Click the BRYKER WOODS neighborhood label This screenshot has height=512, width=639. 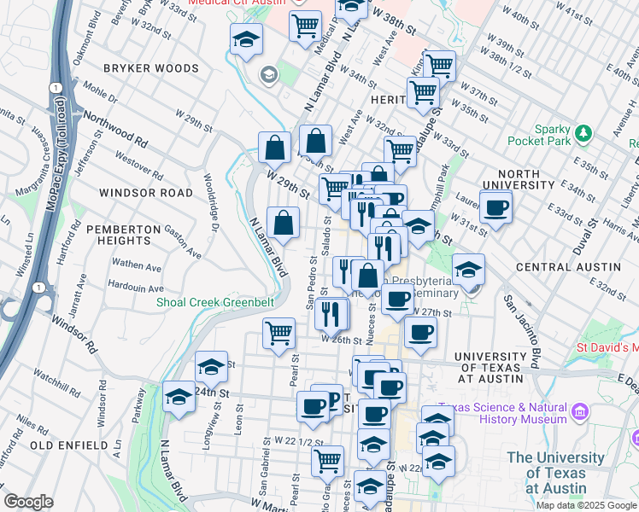coord(150,68)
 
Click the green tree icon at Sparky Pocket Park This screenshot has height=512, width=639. coord(583,133)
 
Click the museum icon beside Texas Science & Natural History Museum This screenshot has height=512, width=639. coord(580,413)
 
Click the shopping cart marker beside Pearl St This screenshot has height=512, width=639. coord(278,334)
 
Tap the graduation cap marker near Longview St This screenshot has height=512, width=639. coord(211,368)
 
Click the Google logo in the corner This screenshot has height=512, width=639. coord(29,502)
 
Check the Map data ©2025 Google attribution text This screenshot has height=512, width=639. coord(585,505)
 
